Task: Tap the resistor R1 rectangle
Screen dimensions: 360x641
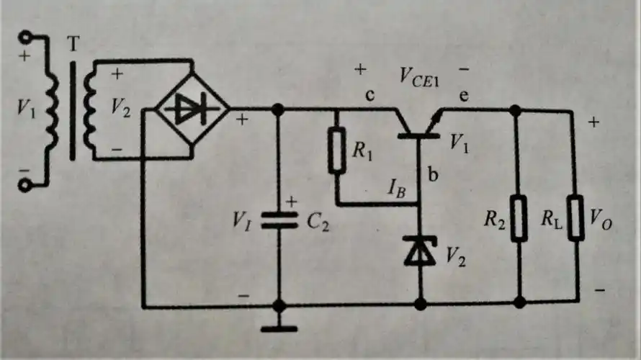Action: pos(336,150)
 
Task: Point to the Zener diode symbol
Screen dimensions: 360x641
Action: pos(420,249)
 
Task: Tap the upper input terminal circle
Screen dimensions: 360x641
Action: pos(27,36)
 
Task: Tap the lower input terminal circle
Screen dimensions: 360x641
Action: pos(27,185)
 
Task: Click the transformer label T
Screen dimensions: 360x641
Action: pos(72,45)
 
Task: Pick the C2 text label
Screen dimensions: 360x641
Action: pos(317,222)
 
